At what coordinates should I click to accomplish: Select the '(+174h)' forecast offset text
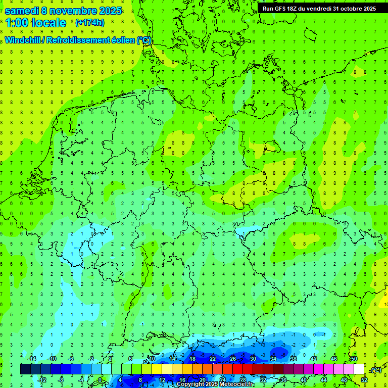pos(89,22)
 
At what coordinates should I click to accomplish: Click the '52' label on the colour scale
pos(364,380)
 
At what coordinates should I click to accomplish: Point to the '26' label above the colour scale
pos(233,359)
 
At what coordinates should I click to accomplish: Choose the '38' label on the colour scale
pos(294,359)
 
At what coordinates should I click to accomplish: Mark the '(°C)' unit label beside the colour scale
pos(376,370)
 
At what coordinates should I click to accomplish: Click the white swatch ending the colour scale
pos(359,369)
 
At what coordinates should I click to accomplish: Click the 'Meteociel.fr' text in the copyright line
pos(237,384)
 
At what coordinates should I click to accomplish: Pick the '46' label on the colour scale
pos(334,359)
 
